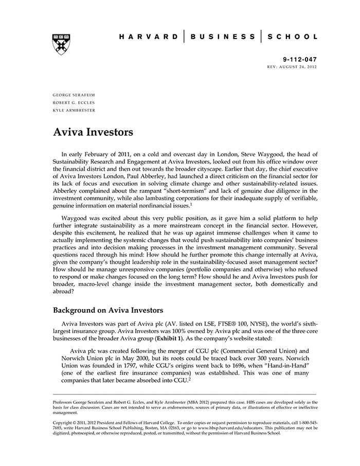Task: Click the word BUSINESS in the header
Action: (x=222, y=37)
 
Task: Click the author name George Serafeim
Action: (x=74, y=95)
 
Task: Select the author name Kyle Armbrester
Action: (x=74, y=110)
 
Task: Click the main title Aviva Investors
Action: (x=93, y=132)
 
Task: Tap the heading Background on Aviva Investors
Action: (x=108, y=311)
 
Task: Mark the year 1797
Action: (x=124, y=373)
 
